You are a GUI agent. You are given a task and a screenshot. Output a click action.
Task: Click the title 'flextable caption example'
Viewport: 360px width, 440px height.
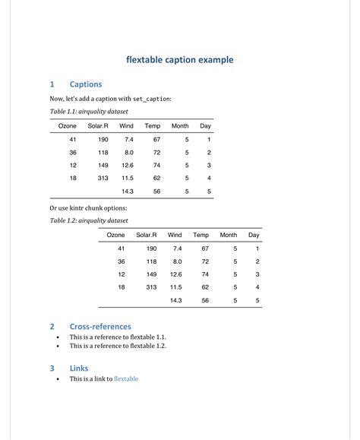[x=179, y=59]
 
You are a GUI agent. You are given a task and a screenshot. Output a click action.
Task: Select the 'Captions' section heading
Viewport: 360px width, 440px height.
[x=85, y=84]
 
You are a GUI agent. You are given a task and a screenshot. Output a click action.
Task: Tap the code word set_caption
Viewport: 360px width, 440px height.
[x=152, y=99]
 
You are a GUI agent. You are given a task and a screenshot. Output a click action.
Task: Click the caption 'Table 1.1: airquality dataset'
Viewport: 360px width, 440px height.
[x=89, y=112]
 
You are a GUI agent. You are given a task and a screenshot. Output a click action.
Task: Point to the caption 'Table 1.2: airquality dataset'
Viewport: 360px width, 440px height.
[x=89, y=220]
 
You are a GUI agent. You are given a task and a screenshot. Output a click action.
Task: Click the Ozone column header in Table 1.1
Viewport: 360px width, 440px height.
[x=68, y=125]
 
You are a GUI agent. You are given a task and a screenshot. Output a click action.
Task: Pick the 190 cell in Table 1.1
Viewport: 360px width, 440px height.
[x=103, y=140]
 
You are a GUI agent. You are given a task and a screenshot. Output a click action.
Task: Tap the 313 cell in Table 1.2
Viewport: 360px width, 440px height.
[x=151, y=287]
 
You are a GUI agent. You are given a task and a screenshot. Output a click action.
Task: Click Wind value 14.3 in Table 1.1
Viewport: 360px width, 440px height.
[x=128, y=192]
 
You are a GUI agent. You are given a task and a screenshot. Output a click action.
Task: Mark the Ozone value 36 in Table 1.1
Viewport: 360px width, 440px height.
[x=73, y=153]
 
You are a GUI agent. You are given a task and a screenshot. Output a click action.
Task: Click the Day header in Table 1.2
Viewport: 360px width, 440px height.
[x=254, y=235]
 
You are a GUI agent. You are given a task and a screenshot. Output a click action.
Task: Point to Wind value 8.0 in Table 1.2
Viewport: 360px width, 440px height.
[x=177, y=261]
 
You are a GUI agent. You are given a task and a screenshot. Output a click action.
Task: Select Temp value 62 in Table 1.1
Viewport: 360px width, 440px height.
[x=156, y=179]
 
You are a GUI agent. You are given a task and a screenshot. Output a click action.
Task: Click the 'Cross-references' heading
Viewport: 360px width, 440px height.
[x=100, y=327]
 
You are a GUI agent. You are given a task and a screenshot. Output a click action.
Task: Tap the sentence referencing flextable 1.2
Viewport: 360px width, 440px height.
[x=118, y=346]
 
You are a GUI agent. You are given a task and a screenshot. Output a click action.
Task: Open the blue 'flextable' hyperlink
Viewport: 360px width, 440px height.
[x=126, y=378]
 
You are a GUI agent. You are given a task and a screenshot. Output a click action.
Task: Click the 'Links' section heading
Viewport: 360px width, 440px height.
[x=79, y=369]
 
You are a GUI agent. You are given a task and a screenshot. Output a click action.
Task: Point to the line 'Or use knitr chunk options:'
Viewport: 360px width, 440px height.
[x=89, y=207]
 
